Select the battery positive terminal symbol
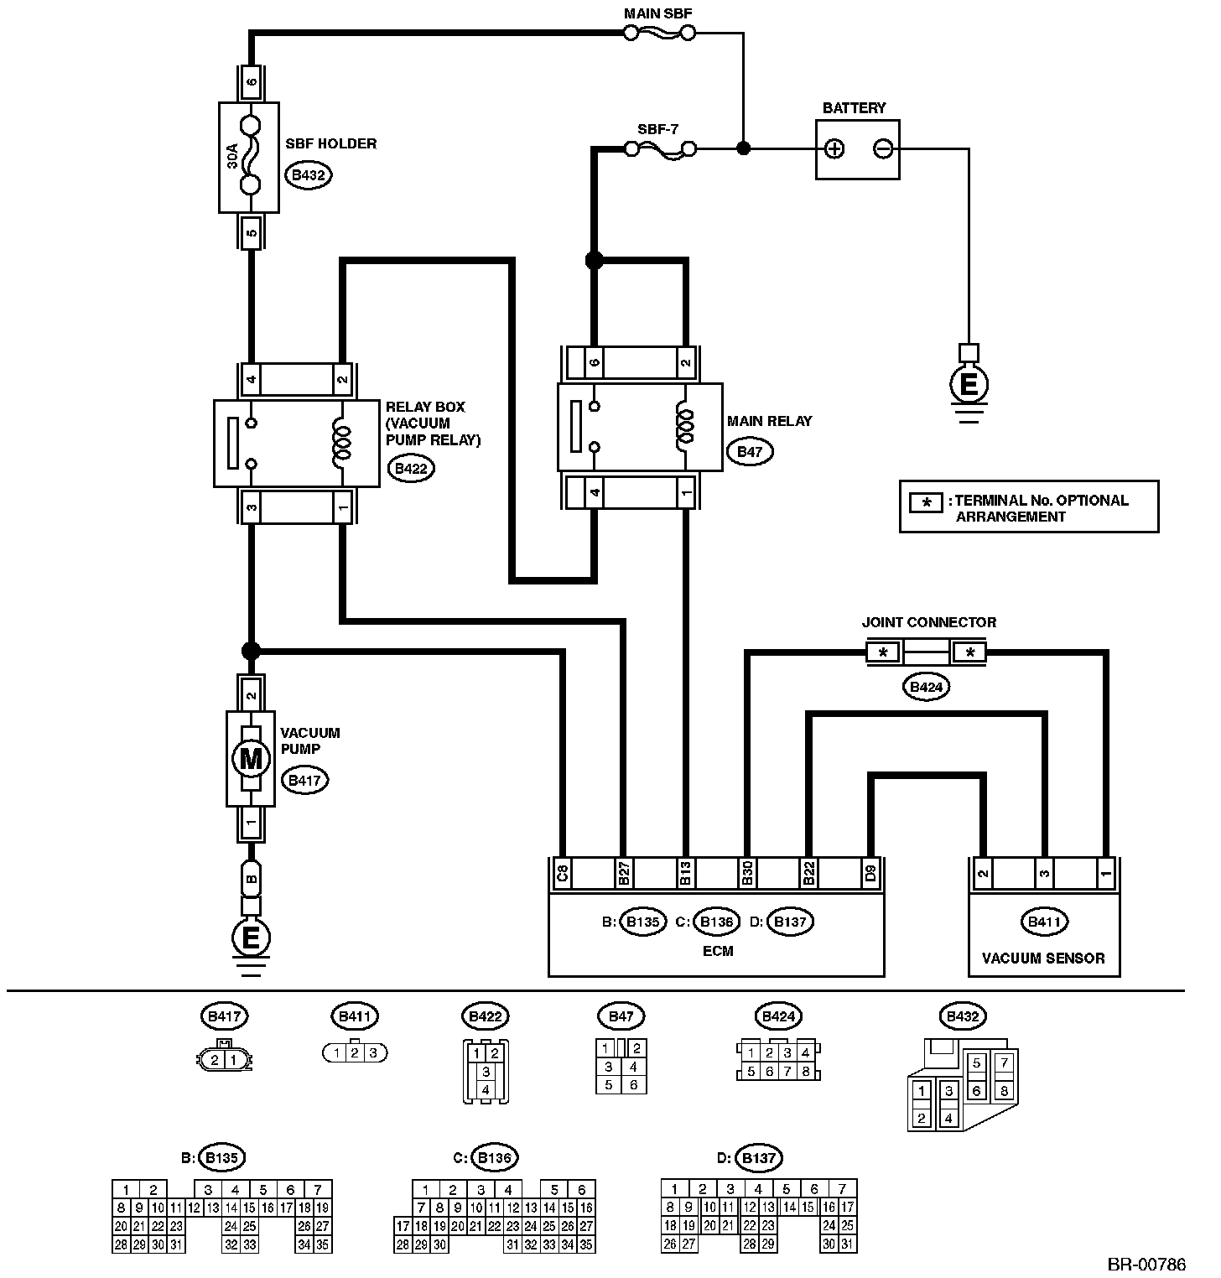pos(834,149)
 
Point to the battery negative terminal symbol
pos(882,149)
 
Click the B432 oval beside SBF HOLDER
pos(308,175)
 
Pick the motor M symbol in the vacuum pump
pos(250,760)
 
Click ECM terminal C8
pos(563,873)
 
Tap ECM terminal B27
pos(624,873)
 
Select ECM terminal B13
pos(685,873)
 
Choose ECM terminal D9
pos(870,873)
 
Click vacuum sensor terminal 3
pos(1044,873)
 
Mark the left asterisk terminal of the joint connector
pos(883,652)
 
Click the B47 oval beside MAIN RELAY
pos(750,451)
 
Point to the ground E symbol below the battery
pos(969,385)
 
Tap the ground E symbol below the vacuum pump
pos(250,937)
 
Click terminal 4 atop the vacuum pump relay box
pos(250,379)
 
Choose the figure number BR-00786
pos(1146,1263)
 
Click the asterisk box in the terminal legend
pos(927,503)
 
